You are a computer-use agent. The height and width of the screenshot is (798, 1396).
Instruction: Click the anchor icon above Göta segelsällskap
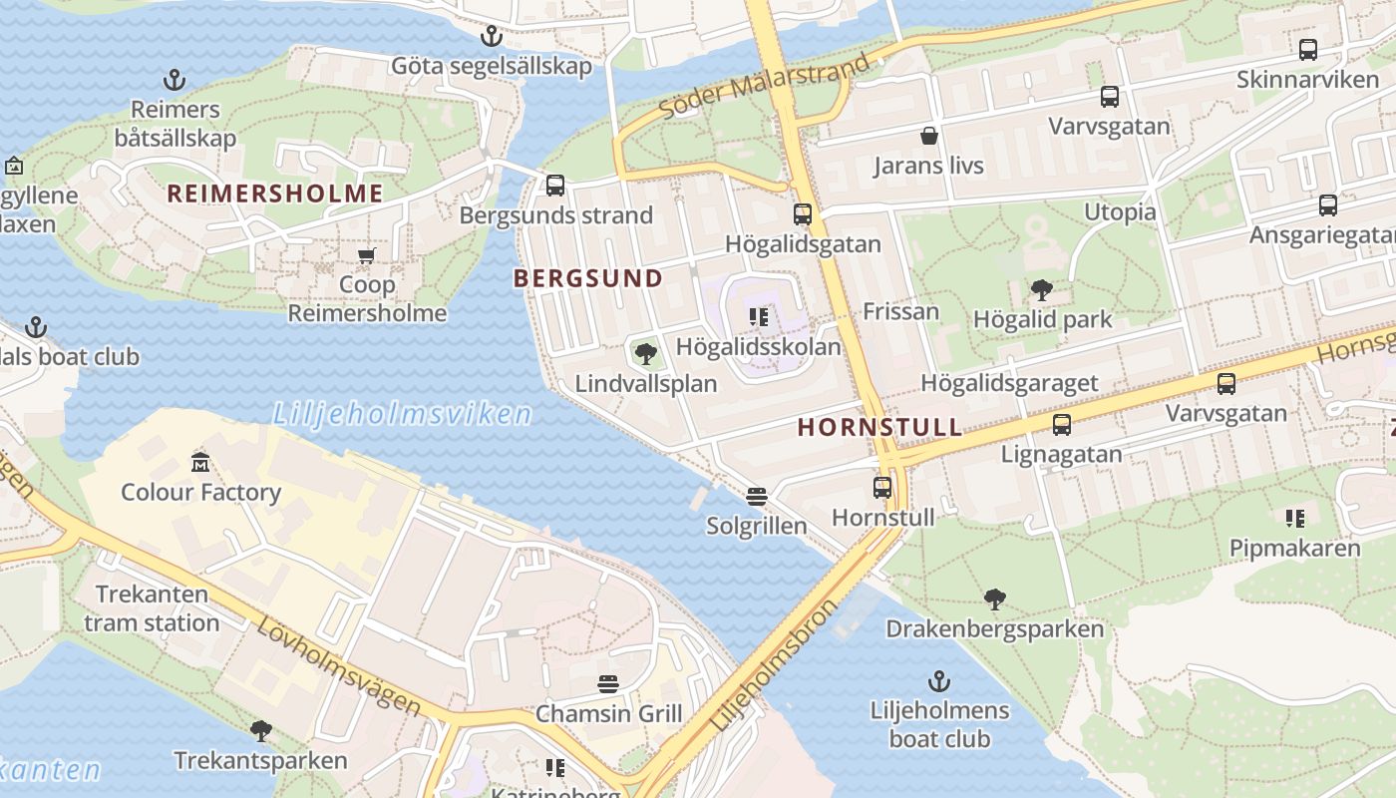click(x=491, y=37)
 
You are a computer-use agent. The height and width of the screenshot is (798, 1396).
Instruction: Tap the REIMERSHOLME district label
click(x=275, y=194)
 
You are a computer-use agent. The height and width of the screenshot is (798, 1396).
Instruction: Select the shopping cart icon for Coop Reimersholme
click(x=367, y=256)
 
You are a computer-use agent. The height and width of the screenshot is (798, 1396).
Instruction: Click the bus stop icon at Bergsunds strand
click(x=555, y=186)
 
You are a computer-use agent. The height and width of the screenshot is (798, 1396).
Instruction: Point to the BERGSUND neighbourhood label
click(x=588, y=279)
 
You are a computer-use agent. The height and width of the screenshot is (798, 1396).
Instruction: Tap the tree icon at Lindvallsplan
click(x=645, y=353)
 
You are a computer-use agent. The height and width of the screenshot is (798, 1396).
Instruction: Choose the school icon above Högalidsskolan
click(x=759, y=318)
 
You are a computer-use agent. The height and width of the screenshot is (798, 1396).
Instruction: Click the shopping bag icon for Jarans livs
click(x=929, y=136)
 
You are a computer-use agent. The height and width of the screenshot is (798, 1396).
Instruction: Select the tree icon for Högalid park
click(x=1042, y=290)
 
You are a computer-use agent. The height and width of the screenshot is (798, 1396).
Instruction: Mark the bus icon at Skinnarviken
click(x=1308, y=49)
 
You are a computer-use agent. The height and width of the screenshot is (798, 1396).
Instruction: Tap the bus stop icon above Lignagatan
click(x=1062, y=425)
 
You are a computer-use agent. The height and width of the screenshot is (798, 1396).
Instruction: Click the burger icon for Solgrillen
click(x=757, y=496)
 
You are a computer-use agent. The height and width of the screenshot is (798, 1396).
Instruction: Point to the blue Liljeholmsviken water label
click(x=402, y=413)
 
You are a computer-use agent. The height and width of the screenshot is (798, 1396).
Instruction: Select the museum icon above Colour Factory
click(x=200, y=462)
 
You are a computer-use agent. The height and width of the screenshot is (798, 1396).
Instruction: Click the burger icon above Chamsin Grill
click(x=608, y=684)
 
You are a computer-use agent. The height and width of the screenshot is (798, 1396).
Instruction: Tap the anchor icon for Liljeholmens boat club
click(x=939, y=681)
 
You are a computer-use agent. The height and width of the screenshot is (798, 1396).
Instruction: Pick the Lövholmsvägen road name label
click(x=339, y=666)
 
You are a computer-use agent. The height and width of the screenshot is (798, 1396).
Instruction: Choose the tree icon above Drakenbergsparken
click(x=994, y=599)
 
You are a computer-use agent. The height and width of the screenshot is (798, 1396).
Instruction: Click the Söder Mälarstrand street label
click(x=766, y=85)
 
